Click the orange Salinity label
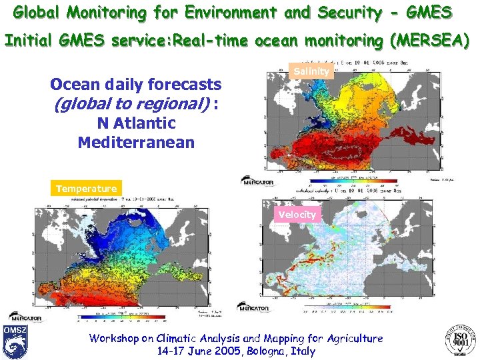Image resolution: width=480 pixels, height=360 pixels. [x=311, y=71]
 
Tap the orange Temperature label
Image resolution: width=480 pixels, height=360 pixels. [x=86, y=189]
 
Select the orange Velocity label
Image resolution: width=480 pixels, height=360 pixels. [x=297, y=214]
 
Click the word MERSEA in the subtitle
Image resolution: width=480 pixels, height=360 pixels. [x=430, y=41]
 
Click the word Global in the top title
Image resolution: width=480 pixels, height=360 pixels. [x=37, y=13]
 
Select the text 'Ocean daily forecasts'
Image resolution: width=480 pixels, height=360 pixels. [x=136, y=85]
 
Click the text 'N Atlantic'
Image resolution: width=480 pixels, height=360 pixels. [x=136, y=123]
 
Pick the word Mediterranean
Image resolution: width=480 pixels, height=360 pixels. [x=136, y=142]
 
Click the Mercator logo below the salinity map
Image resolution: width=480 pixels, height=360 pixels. [x=257, y=181]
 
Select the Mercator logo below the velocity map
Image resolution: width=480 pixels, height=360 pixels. [x=253, y=307]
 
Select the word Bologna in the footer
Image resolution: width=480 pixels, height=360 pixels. [x=259, y=351]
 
